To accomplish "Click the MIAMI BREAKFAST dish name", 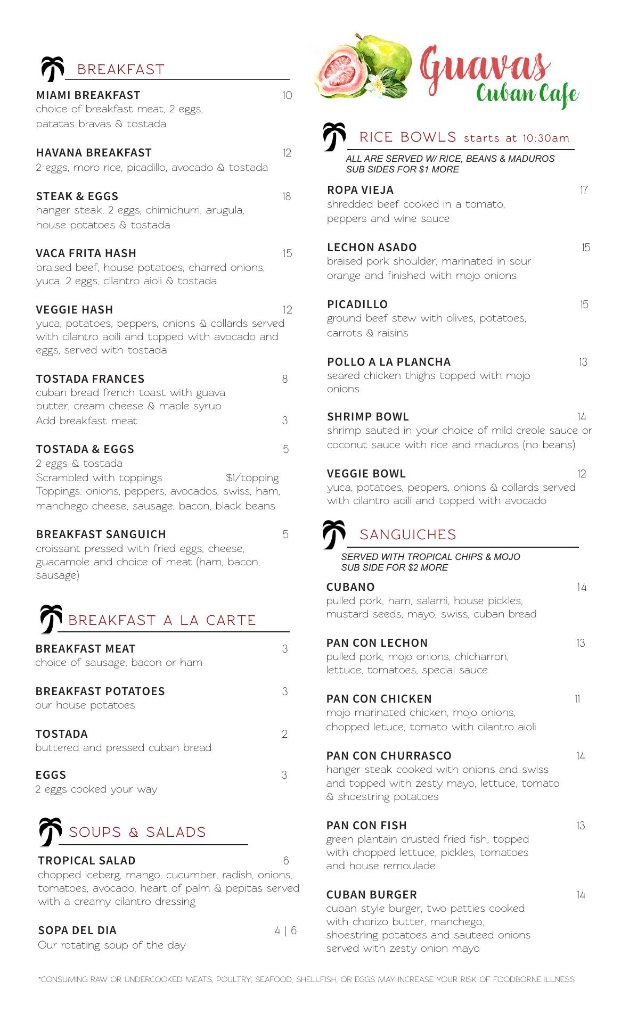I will [x=88, y=95].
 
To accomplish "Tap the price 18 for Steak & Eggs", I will [x=287, y=196].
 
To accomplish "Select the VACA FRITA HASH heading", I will [x=86, y=253].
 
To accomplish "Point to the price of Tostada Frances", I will [x=285, y=379].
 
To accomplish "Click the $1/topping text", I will [x=252, y=477].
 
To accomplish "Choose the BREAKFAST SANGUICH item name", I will [x=101, y=534].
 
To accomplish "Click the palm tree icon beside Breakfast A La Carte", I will [x=51, y=619].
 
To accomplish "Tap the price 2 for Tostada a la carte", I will [x=284, y=734].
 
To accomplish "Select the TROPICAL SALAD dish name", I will [x=87, y=861].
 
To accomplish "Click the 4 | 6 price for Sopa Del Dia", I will [x=285, y=930].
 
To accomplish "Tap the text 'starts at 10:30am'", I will [x=516, y=138].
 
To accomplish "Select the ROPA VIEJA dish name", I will [x=360, y=190].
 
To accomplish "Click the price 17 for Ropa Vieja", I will [x=584, y=190].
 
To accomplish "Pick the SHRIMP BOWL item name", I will [x=367, y=417].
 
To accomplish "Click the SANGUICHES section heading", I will [x=408, y=534].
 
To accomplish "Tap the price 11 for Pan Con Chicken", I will [x=577, y=699].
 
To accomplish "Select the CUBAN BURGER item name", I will [x=371, y=895].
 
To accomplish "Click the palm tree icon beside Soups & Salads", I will [x=50, y=831].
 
